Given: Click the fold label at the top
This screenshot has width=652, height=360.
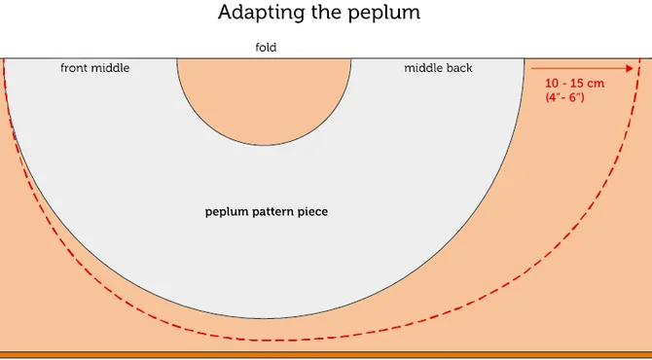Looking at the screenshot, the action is [x=266, y=47].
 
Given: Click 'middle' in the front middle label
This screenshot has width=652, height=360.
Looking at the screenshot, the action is [x=111, y=68].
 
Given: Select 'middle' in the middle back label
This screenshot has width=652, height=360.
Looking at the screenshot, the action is [x=423, y=68].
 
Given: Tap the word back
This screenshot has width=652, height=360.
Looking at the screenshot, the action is [x=459, y=68].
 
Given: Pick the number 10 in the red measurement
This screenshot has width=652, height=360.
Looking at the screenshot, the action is [x=553, y=84].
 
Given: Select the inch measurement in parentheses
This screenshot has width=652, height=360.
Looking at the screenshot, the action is [x=564, y=98].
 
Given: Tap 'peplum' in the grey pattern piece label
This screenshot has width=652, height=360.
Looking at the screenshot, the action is [x=225, y=211].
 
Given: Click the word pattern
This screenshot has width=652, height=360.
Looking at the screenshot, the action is [x=272, y=211].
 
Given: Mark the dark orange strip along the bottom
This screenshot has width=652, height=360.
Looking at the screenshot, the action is [x=326, y=355].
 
